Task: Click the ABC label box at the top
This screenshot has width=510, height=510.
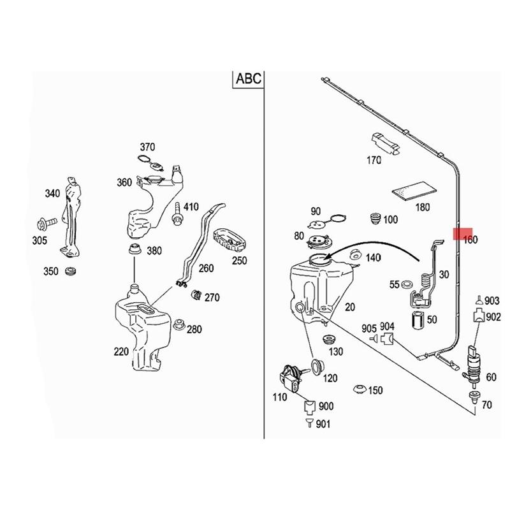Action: pyautogui.click(x=248, y=79)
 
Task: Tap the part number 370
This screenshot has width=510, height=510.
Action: pyautogui.click(x=147, y=147)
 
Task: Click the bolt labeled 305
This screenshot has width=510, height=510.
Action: pyautogui.click(x=46, y=223)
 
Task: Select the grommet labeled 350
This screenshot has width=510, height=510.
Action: pyautogui.click(x=70, y=272)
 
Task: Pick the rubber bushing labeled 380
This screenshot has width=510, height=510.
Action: pyautogui.click(x=134, y=249)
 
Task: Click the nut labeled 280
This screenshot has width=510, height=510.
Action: pyautogui.click(x=179, y=324)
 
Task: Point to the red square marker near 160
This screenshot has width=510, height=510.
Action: pyautogui.click(x=462, y=233)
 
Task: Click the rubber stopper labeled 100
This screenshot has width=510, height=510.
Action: pyautogui.click(x=376, y=219)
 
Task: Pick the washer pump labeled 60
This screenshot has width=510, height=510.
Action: pyautogui.click(x=474, y=363)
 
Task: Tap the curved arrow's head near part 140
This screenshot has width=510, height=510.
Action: pyautogui.click(x=326, y=256)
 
